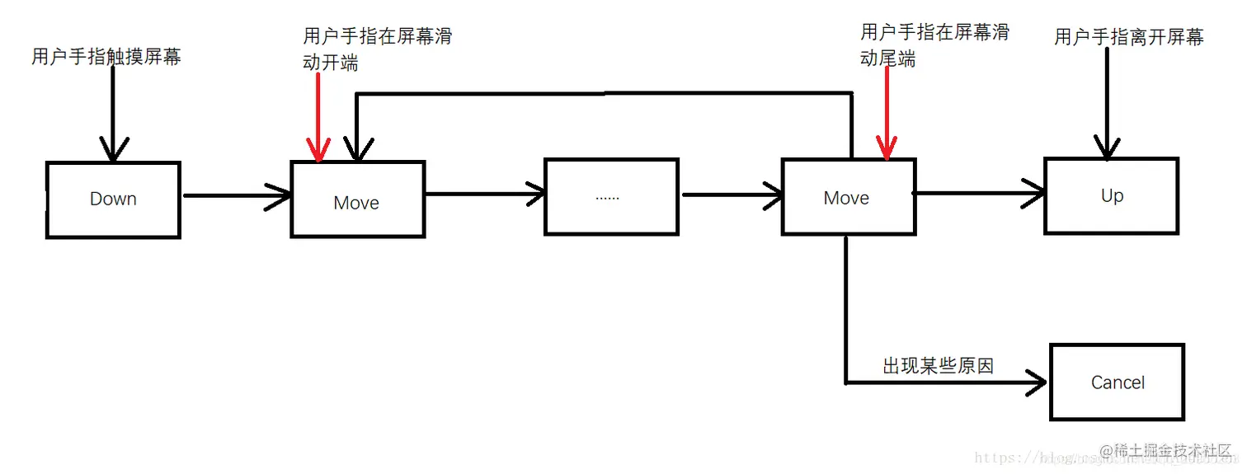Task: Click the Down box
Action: click(x=113, y=199)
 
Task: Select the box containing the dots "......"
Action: click(x=610, y=197)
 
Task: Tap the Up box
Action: click(x=1111, y=196)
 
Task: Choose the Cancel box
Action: click(x=1117, y=382)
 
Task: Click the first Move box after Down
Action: click(x=357, y=200)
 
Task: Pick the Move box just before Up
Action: click(x=847, y=198)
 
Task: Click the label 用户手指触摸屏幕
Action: click(x=106, y=57)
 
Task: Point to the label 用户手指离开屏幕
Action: click(x=1128, y=37)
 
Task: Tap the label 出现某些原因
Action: click(x=938, y=366)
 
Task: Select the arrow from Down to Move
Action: click(x=236, y=195)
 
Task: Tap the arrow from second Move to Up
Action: click(x=978, y=193)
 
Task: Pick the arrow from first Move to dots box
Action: click(x=484, y=195)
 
